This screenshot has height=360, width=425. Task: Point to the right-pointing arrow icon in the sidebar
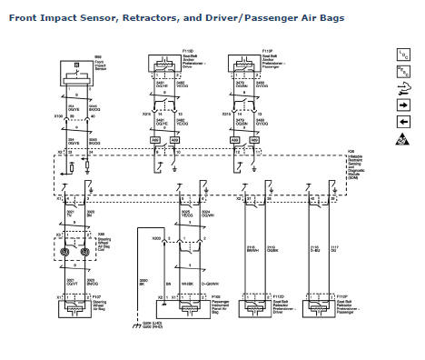pos(403,105)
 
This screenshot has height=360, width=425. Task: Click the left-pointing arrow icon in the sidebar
pos(403,122)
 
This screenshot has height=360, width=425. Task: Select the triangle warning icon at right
pos(403,139)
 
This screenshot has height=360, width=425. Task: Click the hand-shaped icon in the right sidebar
pos(403,87)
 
